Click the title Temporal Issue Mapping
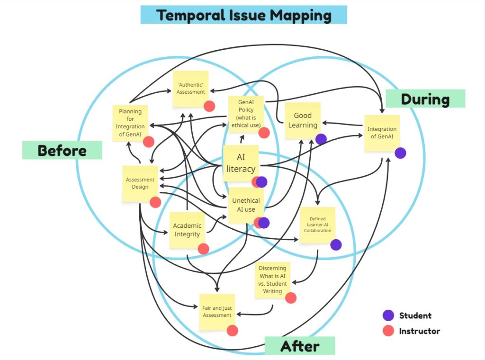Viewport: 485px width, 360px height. [x=244, y=15]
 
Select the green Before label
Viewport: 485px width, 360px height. [x=62, y=150]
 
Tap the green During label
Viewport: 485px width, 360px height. [x=425, y=99]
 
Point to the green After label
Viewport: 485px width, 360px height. [x=299, y=346]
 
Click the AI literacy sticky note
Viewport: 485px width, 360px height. [x=241, y=163]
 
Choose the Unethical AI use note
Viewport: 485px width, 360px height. [x=246, y=205]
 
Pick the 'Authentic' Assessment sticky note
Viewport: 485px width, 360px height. [x=191, y=88]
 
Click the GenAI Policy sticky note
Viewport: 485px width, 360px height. [x=246, y=114]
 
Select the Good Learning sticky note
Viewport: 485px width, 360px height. [x=303, y=120]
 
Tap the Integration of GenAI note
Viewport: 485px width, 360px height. [x=382, y=133]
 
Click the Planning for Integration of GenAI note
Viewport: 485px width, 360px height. [x=130, y=123]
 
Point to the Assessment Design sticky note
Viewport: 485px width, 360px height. [x=140, y=183]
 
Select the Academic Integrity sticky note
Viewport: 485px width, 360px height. [x=187, y=230]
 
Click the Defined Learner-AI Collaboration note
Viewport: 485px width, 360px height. [x=317, y=225]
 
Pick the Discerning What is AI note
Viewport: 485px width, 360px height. [x=272, y=280]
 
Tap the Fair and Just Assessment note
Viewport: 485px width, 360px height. [x=217, y=311]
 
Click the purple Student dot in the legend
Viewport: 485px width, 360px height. [x=388, y=315]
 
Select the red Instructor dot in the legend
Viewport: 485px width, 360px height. [x=388, y=331]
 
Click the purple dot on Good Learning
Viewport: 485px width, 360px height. [x=321, y=139]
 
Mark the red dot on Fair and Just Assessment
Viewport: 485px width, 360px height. [x=232, y=331]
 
